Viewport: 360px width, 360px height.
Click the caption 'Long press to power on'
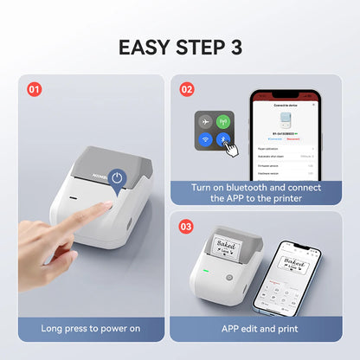[x=91, y=329]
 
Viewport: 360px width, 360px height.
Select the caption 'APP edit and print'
[x=260, y=329]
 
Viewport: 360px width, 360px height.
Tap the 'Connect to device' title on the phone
[x=286, y=104]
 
